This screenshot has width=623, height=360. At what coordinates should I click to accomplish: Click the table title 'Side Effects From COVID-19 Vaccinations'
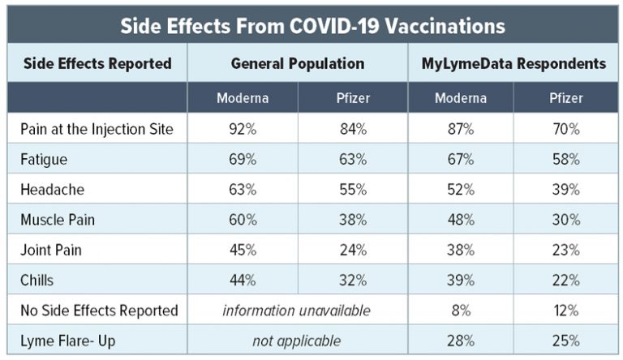312,25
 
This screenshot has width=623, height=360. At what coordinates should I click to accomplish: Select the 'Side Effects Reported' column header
97,63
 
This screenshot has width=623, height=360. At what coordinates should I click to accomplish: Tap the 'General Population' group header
297,63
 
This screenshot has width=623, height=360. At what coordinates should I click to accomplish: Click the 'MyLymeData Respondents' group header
514,63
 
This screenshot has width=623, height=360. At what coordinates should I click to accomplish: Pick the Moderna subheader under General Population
242,98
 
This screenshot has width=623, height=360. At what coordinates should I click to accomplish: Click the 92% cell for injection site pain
243,129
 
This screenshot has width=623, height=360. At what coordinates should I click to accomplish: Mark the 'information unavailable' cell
297,311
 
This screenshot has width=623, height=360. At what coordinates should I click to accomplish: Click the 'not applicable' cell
297,341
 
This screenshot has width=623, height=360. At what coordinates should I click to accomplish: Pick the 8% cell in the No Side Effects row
461,311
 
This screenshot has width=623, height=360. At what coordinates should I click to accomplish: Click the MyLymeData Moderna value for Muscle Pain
461,220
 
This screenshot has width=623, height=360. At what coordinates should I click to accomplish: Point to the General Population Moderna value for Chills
243,281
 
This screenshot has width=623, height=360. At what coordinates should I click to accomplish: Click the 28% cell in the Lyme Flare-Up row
461,341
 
